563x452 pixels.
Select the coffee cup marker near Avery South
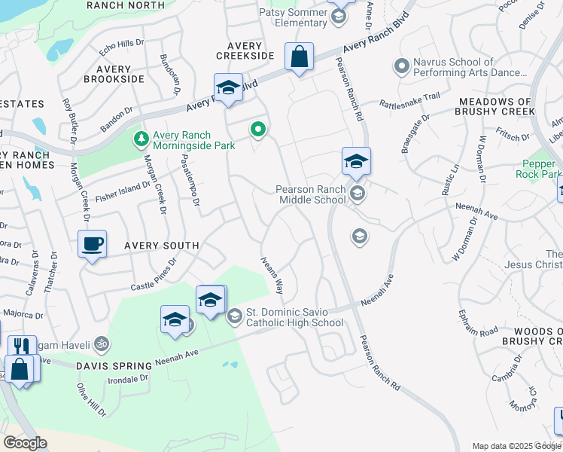click(x=92, y=245)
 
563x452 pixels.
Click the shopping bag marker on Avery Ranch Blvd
click(x=299, y=57)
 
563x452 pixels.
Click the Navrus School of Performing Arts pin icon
click(x=401, y=68)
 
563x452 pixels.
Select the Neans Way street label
click(x=272, y=275)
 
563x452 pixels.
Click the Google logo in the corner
click(x=25, y=443)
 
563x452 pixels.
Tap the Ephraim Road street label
click(x=478, y=321)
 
